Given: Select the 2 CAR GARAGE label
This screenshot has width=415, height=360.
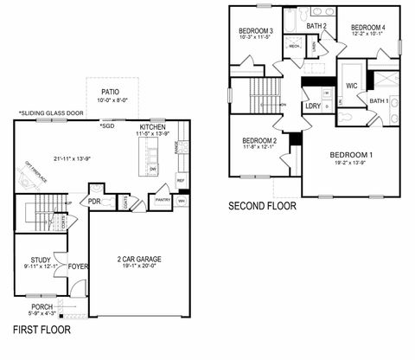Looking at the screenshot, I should [139, 258].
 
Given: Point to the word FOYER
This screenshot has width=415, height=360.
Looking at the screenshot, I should [79, 267].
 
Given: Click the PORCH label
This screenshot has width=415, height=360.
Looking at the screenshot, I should [42, 306].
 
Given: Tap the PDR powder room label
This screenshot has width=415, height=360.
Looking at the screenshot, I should [94, 202].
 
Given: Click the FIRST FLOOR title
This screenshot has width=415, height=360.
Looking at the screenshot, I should [41, 330].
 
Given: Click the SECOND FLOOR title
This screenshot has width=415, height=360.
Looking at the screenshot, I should [262, 207].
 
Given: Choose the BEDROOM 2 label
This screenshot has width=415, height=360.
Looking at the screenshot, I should [259, 140].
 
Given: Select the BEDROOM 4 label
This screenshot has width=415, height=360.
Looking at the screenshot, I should [367, 28].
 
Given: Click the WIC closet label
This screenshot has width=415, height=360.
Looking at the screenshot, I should [352, 86].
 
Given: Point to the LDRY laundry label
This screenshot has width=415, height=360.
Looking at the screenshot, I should [313, 106].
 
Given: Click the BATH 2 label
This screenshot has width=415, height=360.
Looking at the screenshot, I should [316, 26].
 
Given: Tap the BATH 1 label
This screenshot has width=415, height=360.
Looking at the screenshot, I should [379, 100].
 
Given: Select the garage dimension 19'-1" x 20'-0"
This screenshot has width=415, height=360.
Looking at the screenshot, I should [139, 267].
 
